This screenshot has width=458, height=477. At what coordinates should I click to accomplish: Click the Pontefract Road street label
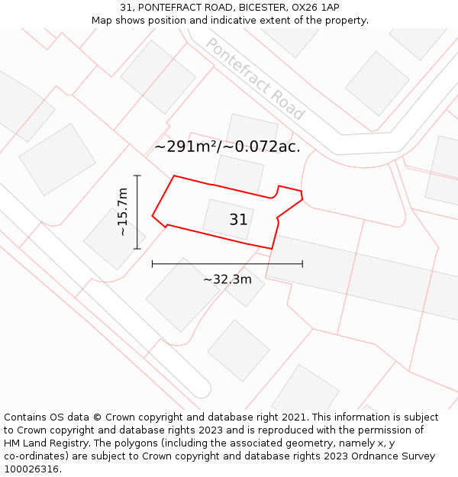pyautogui.click(x=255, y=79)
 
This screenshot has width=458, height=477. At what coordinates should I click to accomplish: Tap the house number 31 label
pyautogui.click(x=238, y=220)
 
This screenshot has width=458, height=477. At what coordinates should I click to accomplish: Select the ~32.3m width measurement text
pyautogui.click(x=227, y=279)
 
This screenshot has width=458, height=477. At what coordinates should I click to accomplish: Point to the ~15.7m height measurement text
pyautogui.click(x=122, y=211)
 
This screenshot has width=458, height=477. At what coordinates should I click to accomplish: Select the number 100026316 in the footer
pyautogui.click(x=33, y=469)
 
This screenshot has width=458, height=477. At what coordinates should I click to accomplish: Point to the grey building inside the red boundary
pyautogui.click(x=227, y=219)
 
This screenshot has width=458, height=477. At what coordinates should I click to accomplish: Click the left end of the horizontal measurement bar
pyautogui.click(x=153, y=264)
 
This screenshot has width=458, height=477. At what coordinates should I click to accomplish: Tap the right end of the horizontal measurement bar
pyautogui.click(x=302, y=264)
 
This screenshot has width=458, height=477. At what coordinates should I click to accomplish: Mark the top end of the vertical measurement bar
pyautogui.click(x=137, y=176)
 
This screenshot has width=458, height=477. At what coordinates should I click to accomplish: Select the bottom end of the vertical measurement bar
pyautogui.click(x=137, y=249)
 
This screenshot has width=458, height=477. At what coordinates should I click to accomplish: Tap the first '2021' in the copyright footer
pyautogui.click(x=292, y=417)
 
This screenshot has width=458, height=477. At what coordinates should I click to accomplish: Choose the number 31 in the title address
pyautogui.click(x=125, y=8)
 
